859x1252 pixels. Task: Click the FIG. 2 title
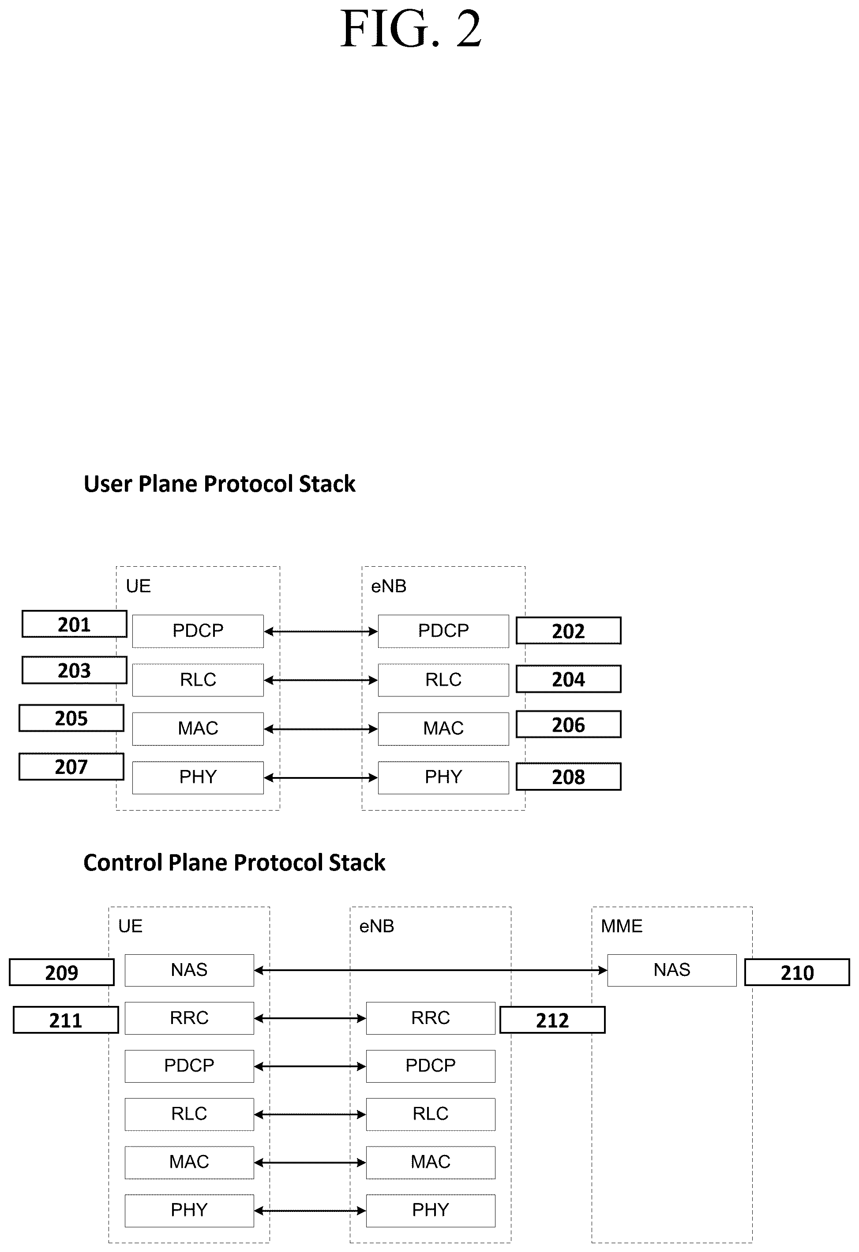coord(411,29)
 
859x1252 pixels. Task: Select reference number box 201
coord(75,624)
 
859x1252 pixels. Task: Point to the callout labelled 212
coord(552,1020)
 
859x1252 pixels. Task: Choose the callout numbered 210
coord(797,972)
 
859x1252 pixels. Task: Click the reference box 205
coord(71,718)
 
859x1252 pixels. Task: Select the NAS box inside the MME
coord(671,970)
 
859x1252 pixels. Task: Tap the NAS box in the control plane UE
coord(189,970)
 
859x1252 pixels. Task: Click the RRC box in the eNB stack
coord(431,1018)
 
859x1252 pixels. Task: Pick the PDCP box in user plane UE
coord(198,631)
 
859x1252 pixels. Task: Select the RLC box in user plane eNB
coord(443,680)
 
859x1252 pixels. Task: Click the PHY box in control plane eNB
coord(431,1211)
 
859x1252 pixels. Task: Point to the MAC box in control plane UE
coord(189,1162)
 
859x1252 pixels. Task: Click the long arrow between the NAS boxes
coord(431,970)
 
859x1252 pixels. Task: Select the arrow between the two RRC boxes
coord(310,1018)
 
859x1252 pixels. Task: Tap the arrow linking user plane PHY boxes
coord(321,777)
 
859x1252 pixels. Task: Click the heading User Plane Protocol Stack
coord(219,484)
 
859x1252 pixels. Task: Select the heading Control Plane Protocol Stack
coord(234,863)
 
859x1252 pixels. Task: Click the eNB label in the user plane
coord(389,586)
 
